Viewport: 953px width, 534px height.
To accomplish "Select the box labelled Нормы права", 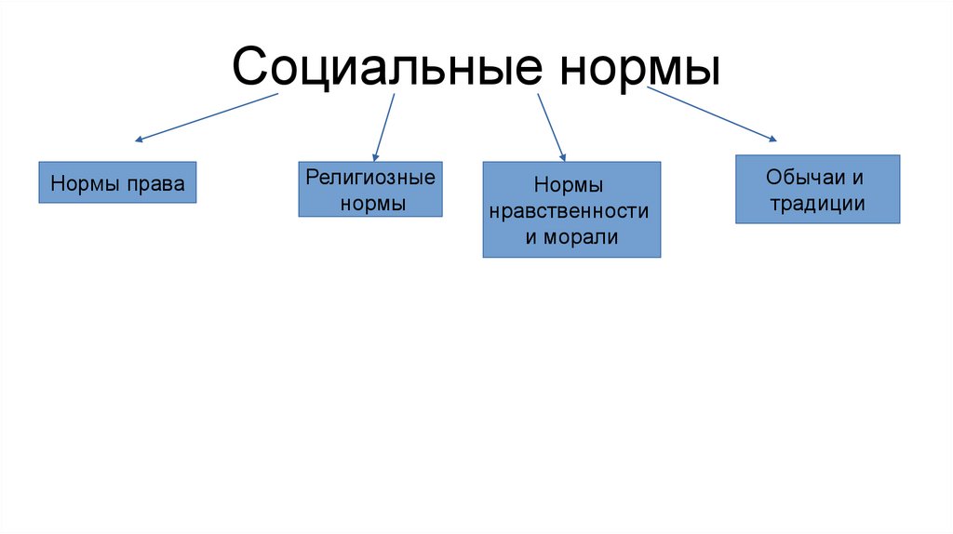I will [117, 183].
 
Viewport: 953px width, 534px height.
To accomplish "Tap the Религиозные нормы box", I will [370, 190].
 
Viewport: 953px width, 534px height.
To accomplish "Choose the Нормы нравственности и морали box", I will [571, 209].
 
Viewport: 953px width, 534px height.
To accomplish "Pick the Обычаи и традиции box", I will [817, 189].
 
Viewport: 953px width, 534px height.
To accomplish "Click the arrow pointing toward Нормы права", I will [208, 117].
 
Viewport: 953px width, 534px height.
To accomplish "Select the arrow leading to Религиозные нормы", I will [383, 127].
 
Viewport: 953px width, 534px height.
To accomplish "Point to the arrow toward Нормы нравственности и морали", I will [551, 127].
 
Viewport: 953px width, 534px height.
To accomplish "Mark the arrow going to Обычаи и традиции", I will [711, 114].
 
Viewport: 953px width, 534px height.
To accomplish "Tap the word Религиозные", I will [370, 175].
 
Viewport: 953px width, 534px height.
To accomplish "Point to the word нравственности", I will [571, 211].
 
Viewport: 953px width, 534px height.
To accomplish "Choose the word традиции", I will [817, 204].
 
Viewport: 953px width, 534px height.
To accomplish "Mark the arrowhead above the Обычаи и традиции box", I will [772, 139].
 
